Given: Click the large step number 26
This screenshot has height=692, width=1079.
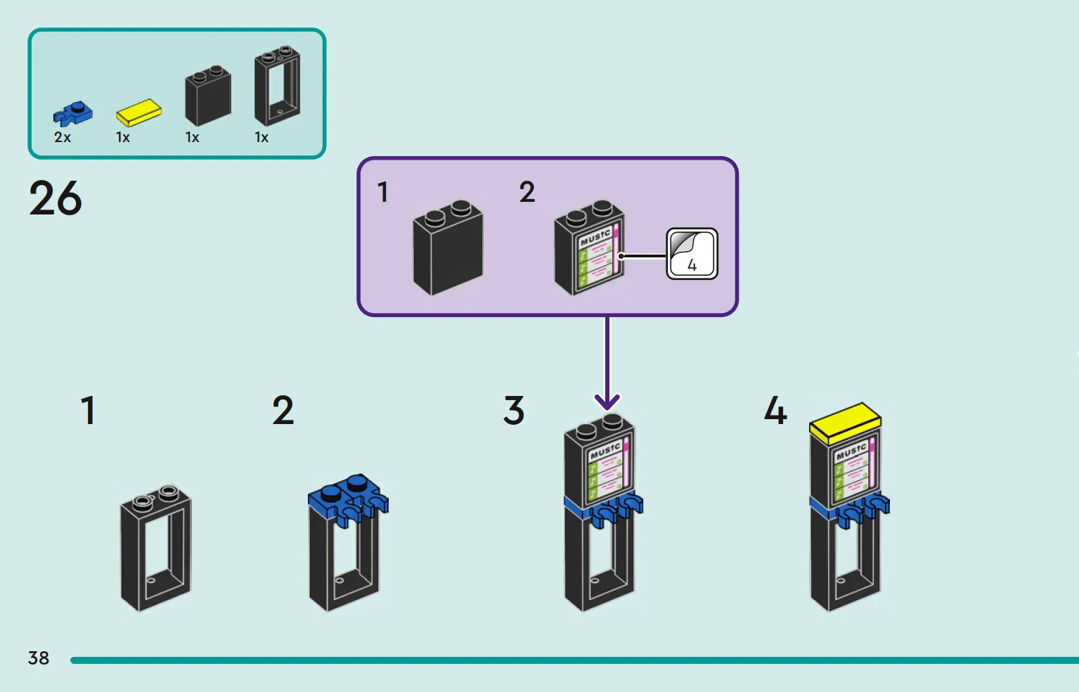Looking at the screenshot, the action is coord(56,198).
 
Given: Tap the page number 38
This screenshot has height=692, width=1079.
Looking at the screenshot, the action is coord(39,658).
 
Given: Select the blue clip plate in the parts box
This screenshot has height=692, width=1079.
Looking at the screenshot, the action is coord(72,114).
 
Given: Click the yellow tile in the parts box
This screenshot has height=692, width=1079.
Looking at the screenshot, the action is coord(138,113).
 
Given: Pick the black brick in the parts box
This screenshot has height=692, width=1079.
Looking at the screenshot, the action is coord(208,96).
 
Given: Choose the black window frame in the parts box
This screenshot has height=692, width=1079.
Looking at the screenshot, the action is coord(278,86).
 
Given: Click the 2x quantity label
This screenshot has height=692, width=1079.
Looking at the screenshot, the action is coord(63,138).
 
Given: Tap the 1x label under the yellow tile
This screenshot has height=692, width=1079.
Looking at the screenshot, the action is coord(123,138).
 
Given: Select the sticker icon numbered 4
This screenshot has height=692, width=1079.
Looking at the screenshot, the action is coord(692,254).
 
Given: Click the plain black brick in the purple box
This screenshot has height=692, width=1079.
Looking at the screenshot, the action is coord(448,248).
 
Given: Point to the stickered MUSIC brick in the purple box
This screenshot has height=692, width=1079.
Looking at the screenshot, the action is coord(589,248).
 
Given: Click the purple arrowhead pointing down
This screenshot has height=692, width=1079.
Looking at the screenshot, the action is coord(607,402).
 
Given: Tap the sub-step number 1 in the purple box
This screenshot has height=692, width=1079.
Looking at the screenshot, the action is coord(383,192).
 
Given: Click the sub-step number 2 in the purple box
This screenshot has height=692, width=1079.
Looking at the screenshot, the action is coord(527,192).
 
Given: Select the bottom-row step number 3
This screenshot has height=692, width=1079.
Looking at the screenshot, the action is coord(513,411).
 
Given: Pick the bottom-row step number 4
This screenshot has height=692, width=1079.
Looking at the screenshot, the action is coord(775,411).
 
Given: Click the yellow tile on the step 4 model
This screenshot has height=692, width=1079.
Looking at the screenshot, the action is coord(846,423).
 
